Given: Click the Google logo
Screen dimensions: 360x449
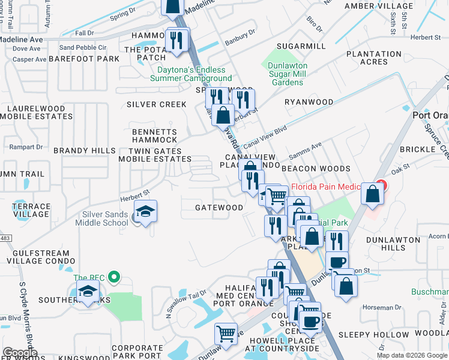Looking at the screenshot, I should [20, 353].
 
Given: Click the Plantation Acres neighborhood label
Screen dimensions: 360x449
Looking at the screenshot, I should [374, 58].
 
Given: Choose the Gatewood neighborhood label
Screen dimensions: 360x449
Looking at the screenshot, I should [219, 208].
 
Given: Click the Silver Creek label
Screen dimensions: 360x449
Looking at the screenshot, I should [157, 104].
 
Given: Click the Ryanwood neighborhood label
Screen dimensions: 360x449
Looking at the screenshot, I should [309, 102].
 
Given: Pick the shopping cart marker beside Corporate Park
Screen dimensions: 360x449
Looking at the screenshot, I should [226, 334].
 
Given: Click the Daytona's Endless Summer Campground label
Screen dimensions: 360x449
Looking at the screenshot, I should [191, 74].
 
